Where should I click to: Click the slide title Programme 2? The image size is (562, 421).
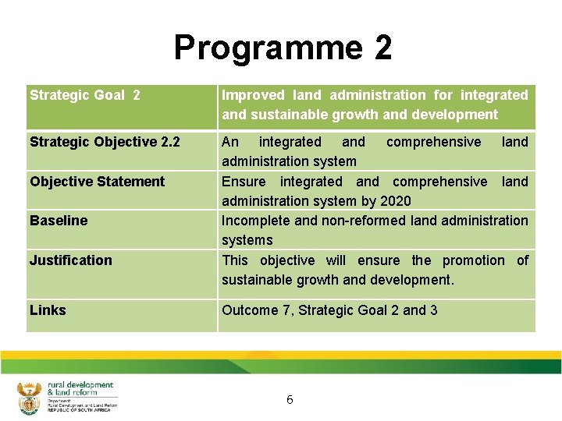283,48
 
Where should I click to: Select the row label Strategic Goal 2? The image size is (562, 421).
85,95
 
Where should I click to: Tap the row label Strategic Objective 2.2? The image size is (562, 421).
105,142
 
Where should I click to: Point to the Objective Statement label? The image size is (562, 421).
98,182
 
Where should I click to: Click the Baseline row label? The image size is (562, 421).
59,221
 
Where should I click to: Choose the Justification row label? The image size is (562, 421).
71,260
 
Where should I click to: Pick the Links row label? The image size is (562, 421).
48,310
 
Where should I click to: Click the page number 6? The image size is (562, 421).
290,400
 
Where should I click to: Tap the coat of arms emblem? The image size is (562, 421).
29,398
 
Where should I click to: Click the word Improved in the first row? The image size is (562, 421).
254,95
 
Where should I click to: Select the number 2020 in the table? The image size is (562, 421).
396,201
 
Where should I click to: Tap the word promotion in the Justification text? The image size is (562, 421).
473,260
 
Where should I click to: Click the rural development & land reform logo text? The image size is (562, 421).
80,390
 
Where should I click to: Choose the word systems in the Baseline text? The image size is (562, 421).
247,240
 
